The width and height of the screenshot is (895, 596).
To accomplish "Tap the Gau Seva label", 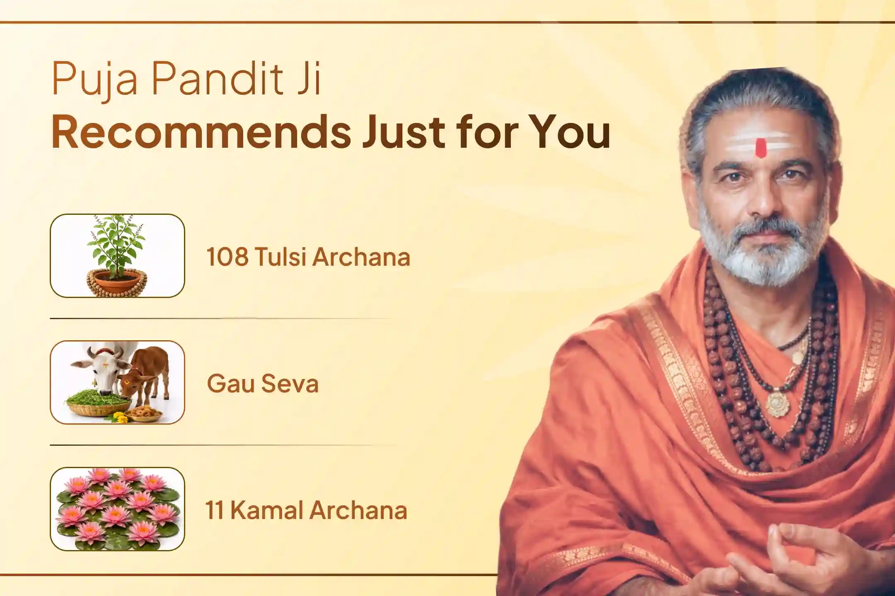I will [x=263, y=383].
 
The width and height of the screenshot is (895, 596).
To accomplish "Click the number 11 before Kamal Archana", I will [x=215, y=510].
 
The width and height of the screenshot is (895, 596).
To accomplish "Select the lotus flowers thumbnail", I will [x=117, y=509].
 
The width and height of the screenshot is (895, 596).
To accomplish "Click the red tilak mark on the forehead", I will [x=760, y=148].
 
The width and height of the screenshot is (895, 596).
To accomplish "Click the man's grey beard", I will [x=758, y=257].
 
